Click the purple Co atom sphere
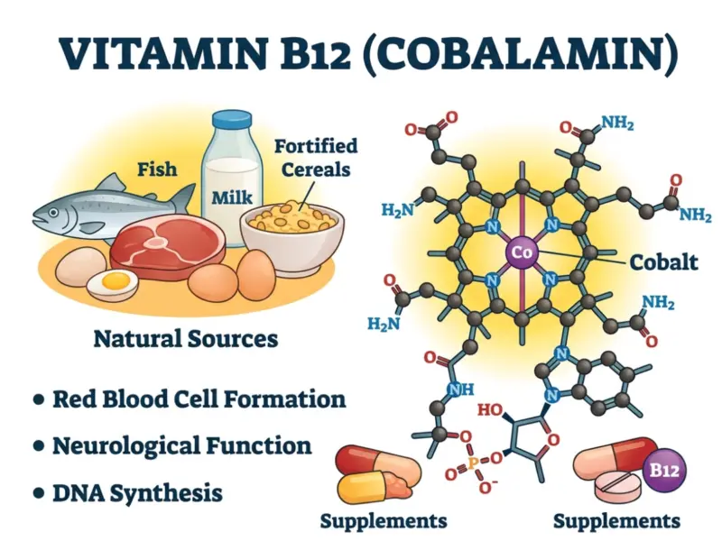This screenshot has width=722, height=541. tap(523, 253)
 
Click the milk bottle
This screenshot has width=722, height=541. tap(231, 180)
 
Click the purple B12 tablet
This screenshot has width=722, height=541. tap(664, 471)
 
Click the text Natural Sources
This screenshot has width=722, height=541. tap(185, 340)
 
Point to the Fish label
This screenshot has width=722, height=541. tap(156, 168)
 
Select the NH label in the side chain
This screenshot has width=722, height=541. tap(461, 390)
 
